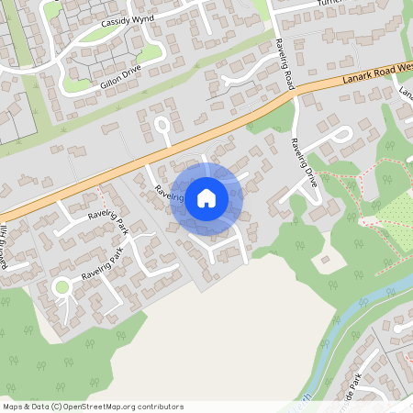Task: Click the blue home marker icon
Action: pos(206,197)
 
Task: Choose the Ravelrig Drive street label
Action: pos(303,163)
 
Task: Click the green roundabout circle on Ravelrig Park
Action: pos(61,287)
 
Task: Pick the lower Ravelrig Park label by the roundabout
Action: pos(101,263)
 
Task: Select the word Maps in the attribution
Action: pos(13,407)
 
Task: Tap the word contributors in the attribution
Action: pos(161,407)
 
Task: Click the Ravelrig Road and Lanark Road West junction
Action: pos(294,89)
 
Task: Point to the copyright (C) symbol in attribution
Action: pos(57,407)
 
